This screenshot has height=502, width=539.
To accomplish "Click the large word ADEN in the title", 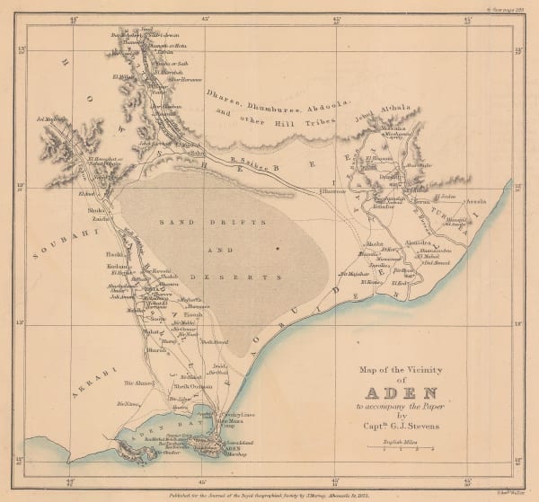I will point(401,392).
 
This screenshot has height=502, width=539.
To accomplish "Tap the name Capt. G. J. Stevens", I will point(402,426).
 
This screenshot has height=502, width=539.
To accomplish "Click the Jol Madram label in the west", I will point(51,117).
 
